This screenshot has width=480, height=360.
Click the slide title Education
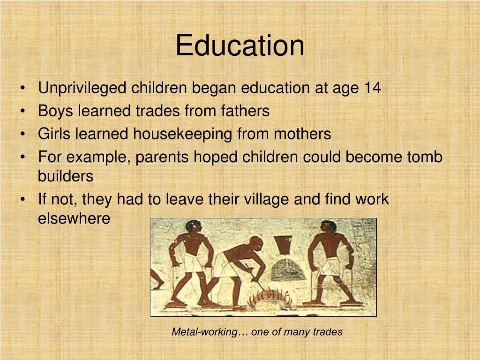click(x=240, y=46)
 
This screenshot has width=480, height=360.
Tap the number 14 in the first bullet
click(x=372, y=88)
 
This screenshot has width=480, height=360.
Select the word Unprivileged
click(x=82, y=88)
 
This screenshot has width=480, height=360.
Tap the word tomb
click(x=424, y=157)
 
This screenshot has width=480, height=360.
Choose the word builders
click(x=66, y=176)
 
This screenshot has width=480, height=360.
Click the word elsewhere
click(x=74, y=218)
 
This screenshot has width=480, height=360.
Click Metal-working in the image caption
click(x=205, y=332)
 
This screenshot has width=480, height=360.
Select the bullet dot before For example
click(x=23, y=157)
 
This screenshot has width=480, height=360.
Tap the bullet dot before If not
click(x=23, y=200)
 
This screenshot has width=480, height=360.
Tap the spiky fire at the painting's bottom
click(x=268, y=298)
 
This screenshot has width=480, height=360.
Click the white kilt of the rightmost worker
click(x=332, y=266)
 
